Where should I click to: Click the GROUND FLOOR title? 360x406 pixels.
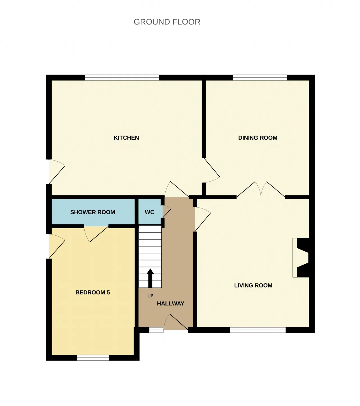[167, 22]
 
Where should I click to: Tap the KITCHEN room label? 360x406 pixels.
[126, 138]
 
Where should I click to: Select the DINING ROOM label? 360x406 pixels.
[258, 138]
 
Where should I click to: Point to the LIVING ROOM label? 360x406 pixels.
[253, 285]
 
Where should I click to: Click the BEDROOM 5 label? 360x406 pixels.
[93, 292]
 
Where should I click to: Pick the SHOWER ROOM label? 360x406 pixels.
[93, 212]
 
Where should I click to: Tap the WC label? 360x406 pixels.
[150, 212]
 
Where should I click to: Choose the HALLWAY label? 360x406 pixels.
[170, 303]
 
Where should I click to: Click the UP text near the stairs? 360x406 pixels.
[150, 296]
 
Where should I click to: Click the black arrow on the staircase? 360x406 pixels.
[150, 278]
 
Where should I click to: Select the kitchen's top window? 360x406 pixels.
[122, 78]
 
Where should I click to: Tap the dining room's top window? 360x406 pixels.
[260, 78]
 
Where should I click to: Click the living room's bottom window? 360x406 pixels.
[258, 330]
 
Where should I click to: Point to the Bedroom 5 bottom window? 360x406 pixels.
[93, 358]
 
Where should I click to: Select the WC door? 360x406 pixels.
[166, 212]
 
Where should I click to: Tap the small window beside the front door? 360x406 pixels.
[156, 330]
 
